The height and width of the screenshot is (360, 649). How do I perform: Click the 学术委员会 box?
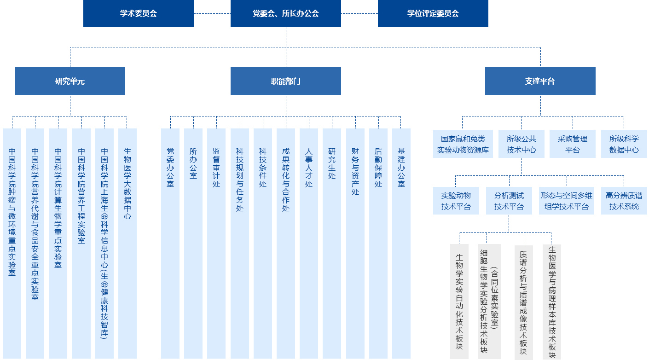click(x=139, y=13)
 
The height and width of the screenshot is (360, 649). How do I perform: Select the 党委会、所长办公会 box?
click(x=286, y=13)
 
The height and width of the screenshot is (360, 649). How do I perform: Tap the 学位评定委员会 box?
click(x=433, y=13)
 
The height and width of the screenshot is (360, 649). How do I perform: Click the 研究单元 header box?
click(x=70, y=81)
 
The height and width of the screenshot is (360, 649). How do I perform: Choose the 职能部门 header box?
click(x=286, y=81)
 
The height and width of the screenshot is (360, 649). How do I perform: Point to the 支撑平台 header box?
click(x=540, y=81)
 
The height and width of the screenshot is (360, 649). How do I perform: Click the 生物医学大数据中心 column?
click(x=127, y=244)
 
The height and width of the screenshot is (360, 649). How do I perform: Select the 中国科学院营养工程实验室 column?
click(x=81, y=244)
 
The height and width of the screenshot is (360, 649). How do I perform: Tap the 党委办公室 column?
click(x=170, y=244)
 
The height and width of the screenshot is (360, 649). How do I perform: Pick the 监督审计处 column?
click(x=216, y=244)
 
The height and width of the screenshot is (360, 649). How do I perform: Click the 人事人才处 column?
click(x=309, y=244)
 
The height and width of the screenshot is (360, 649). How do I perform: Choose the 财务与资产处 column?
click(x=355, y=244)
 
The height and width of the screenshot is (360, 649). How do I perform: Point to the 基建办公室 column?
click(x=401, y=244)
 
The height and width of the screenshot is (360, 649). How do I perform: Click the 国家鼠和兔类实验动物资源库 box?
click(x=463, y=144)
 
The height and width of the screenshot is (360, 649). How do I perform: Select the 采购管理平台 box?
click(x=573, y=144)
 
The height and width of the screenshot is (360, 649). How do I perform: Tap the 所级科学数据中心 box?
click(x=624, y=144)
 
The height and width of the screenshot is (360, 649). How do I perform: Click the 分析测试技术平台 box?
click(x=509, y=201)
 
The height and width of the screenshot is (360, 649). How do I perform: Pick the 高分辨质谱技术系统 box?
click(x=624, y=201)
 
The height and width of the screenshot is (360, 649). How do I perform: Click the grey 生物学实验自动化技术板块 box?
click(x=459, y=302)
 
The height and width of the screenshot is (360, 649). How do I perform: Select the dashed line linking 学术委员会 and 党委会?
click(x=212, y=13)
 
